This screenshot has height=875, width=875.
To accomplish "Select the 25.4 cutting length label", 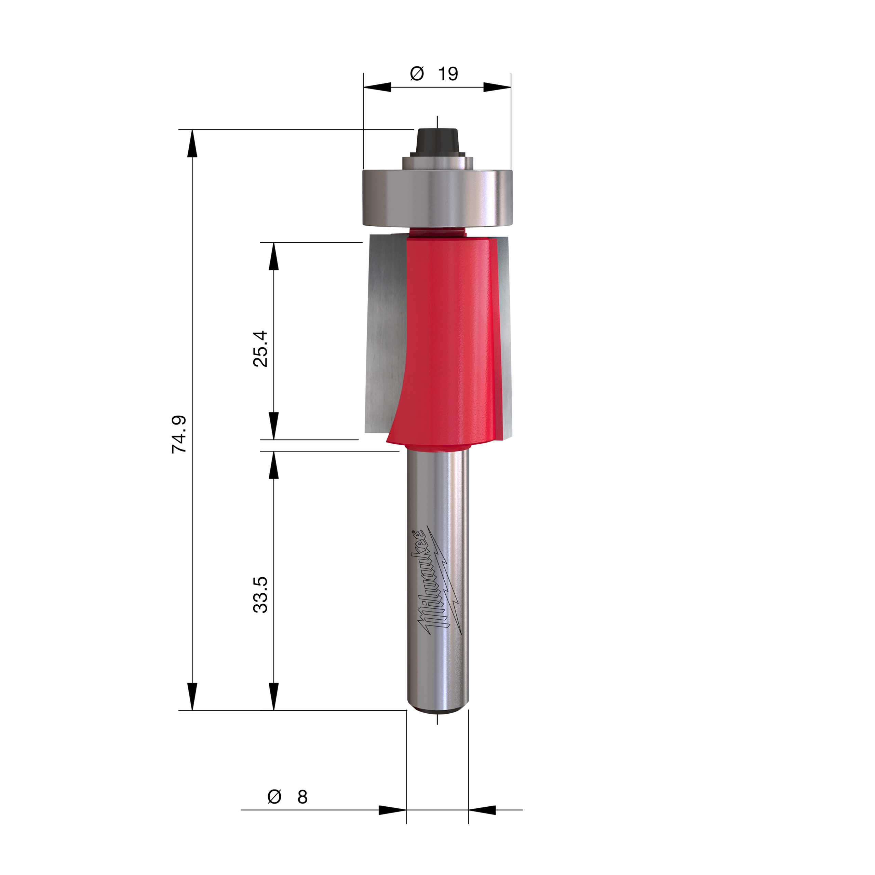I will pyautogui.click(x=260, y=349).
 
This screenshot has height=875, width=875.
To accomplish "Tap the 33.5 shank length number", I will pyautogui.click(x=260, y=595).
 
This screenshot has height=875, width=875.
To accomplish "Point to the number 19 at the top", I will pyautogui.click(x=448, y=74).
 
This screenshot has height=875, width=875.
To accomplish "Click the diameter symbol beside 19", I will pyautogui.click(x=417, y=73).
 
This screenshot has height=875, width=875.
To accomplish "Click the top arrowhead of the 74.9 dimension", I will pyautogui.click(x=192, y=144).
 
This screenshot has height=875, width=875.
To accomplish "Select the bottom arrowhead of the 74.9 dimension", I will pyautogui.click(x=192, y=697).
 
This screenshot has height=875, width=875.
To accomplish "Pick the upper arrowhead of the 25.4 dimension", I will pyautogui.click(x=273, y=256).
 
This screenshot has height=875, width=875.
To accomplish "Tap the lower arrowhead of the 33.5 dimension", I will pyautogui.click(x=273, y=697).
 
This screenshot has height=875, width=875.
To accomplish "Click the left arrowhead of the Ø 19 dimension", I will pyautogui.click(x=377, y=87).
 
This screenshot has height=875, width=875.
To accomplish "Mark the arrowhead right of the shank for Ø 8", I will pyautogui.click(x=482, y=810).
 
